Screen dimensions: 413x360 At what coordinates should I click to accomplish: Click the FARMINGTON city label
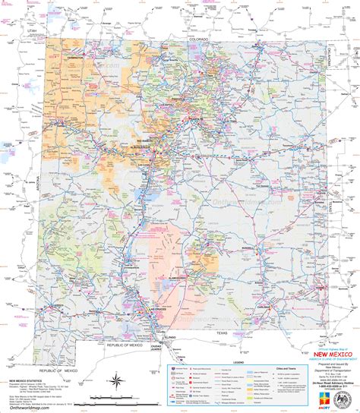[x=75, y=57]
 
